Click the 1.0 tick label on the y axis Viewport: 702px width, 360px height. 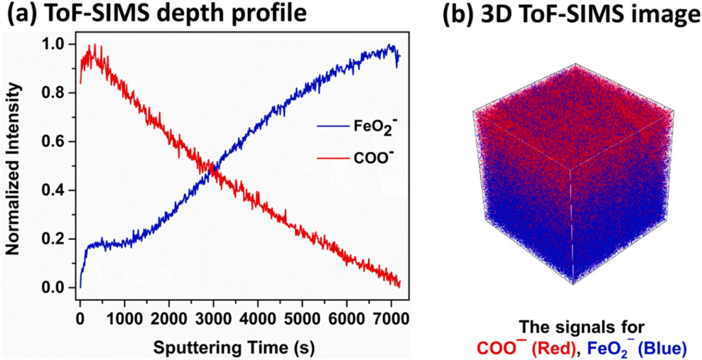(x=57, y=45)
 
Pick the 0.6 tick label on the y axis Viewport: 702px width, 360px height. (x=57, y=142)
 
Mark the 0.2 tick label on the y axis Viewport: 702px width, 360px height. (x=57, y=239)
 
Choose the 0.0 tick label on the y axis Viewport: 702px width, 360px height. (x=57, y=288)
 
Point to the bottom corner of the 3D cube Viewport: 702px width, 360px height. (x=571, y=284)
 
